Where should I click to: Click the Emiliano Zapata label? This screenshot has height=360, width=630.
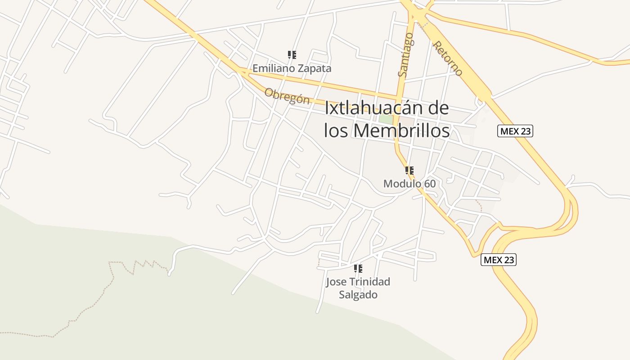pyautogui.click(x=292, y=68)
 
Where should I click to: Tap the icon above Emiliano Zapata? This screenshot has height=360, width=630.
pyautogui.click(x=292, y=55)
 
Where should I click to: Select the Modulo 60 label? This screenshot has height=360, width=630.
pyautogui.click(x=409, y=184)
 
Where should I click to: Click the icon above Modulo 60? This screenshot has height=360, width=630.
pyautogui.click(x=409, y=170)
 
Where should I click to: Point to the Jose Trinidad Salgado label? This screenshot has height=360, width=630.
pyautogui.click(x=358, y=288)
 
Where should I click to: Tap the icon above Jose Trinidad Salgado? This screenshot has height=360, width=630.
pyautogui.click(x=358, y=269)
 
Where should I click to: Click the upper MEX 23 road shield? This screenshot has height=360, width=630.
pyautogui.click(x=515, y=131)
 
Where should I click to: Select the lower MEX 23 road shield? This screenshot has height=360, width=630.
pyautogui.click(x=499, y=260)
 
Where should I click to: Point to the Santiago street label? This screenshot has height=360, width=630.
pyautogui.click(x=405, y=54)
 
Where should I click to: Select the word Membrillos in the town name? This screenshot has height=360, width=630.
pyautogui.click(x=401, y=130)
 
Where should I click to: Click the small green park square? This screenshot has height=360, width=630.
pyautogui.click(x=386, y=119)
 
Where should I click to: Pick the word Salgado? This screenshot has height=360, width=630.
pyautogui.click(x=358, y=295)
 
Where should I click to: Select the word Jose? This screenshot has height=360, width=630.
pyautogui.click(x=336, y=282)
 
